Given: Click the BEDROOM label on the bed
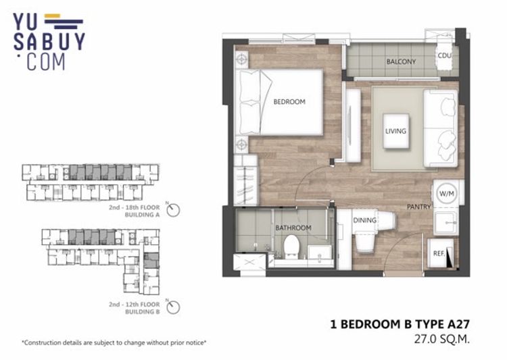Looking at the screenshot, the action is pyautogui.click(x=289, y=102).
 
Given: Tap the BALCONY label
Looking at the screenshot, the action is pyautogui.click(x=401, y=61).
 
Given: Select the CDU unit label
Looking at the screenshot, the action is pyautogui.click(x=445, y=55).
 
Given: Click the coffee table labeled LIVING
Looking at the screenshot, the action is pyautogui.click(x=395, y=131).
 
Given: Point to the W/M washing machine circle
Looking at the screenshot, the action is pyautogui.click(x=447, y=194).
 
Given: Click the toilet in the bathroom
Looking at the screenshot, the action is pyautogui.click(x=291, y=247).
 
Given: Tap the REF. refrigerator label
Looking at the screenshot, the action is pyautogui.click(x=439, y=254).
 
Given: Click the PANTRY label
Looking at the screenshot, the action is pyautogui.click(x=418, y=207).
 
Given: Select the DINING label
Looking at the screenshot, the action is pyautogui.click(x=365, y=220).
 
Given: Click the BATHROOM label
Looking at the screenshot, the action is pyautogui.click(x=293, y=228).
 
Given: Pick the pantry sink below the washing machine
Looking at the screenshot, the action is pyautogui.click(x=445, y=223).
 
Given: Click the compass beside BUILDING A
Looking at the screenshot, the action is pyautogui.click(x=173, y=210).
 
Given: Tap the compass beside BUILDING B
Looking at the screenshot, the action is pyautogui.click(x=173, y=307).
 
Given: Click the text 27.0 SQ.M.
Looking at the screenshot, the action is pyautogui.click(x=441, y=339).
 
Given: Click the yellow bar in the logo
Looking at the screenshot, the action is pyautogui.click(x=52, y=16).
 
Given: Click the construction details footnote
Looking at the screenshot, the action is pyautogui.click(x=114, y=342).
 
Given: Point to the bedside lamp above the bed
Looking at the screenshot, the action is pyautogui.click(x=241, y=59).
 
